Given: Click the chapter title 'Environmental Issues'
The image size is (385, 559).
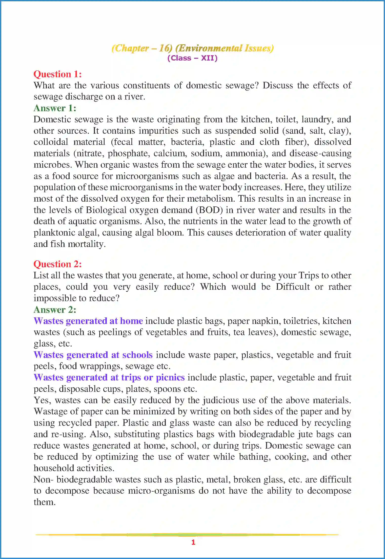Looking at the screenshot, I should [224, 48].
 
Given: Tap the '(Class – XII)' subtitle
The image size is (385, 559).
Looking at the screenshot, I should [192, 58].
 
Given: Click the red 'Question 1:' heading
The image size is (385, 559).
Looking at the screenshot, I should [58, 74].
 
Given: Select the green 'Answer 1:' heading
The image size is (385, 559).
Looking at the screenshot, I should [55, 108].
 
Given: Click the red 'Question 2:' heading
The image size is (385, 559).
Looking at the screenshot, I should [58, 264].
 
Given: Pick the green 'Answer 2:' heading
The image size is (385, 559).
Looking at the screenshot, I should [55, 310].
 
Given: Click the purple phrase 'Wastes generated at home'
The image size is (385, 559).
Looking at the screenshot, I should [88, 321].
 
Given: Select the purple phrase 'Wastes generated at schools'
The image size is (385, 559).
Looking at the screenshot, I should [93, 355].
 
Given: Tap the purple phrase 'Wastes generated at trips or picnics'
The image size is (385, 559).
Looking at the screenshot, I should [109, 377].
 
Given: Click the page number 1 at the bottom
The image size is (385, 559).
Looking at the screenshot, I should [193, 542].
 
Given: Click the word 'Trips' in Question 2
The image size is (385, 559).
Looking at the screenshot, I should [309, 275].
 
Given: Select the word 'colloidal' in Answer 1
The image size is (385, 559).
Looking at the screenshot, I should [51, 142].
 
